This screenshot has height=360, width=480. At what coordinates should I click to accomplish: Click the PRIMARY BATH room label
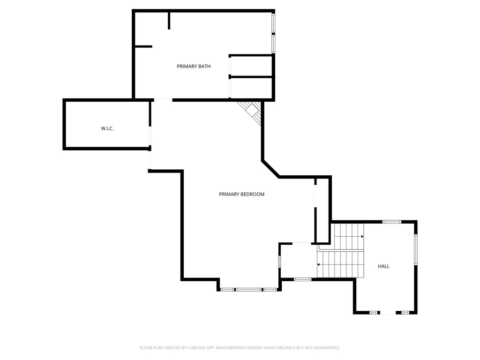(194, 66)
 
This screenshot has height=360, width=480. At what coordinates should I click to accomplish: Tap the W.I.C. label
(107, 128)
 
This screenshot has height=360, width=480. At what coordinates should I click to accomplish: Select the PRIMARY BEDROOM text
(241, 194)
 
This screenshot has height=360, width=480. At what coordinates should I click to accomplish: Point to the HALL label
(383, 266)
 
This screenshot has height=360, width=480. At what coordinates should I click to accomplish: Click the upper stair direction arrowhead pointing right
(362, 236)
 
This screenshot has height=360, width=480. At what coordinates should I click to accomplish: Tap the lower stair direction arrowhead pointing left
(318, 264)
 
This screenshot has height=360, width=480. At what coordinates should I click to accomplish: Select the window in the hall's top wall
(391, 222)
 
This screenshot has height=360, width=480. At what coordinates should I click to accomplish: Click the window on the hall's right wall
(416, 249)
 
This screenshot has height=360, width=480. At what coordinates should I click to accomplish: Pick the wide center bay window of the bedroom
(248, 289)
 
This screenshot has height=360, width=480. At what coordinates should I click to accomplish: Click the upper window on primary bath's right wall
(273, 22)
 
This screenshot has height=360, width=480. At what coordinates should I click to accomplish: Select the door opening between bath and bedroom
(163, 100)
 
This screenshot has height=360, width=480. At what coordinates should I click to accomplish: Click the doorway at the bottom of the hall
(388, 313)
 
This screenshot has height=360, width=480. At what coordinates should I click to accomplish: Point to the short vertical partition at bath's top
(169, 21)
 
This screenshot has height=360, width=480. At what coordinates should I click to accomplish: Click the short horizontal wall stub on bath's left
(143, 46)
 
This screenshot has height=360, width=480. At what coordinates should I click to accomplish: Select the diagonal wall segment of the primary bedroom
(270, 169)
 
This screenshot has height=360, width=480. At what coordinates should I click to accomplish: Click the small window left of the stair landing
(279, 262)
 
